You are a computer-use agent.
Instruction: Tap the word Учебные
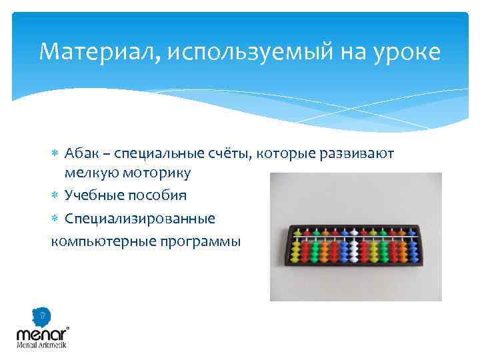91,195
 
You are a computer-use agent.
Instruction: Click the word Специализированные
140,218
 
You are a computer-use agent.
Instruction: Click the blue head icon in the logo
42,315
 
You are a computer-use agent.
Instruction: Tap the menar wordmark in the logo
41,333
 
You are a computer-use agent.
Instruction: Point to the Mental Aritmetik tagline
41,345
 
